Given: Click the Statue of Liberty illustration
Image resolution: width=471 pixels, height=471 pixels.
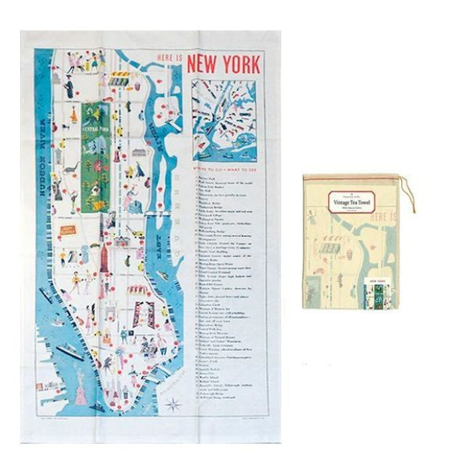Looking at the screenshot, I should (x=80, y=391).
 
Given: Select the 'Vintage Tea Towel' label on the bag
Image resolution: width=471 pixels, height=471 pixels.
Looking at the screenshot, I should (x=358, y=203).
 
